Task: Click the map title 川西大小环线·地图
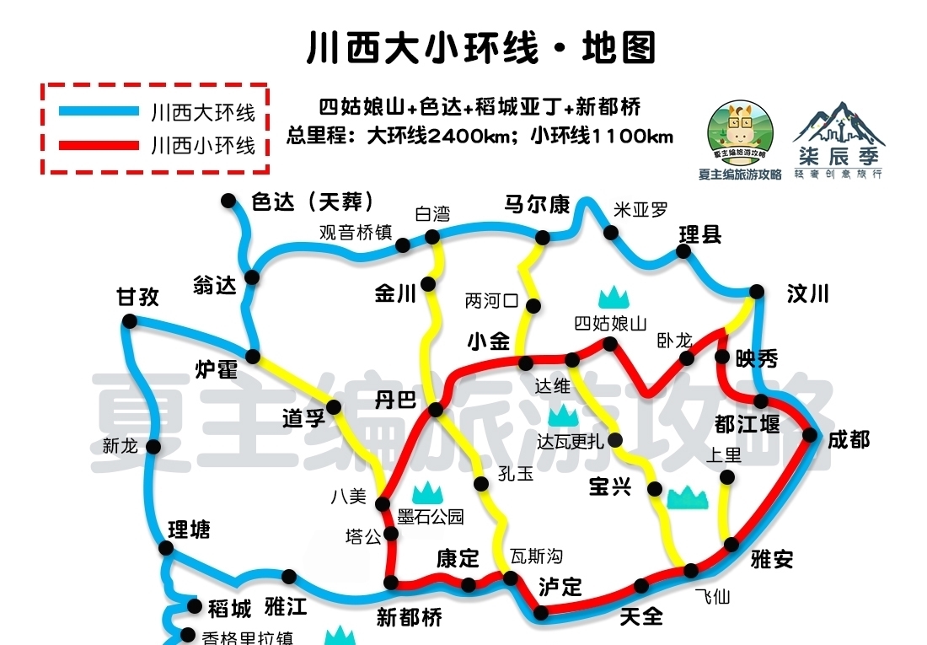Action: [x=481, y=48]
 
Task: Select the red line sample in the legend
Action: [x=99, y=146]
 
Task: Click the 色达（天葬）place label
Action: [x=312, y=202]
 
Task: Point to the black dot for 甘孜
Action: [x=129, y=320]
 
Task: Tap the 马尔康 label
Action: [x=537, y=205]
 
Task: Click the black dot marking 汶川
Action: [x=757, y=292]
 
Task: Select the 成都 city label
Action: [x=848, y=439]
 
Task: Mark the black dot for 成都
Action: [x=810, y=435]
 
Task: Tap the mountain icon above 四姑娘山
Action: [x=614, y=297]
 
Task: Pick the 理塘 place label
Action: [x=189, y=530]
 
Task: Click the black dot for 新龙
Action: [x=153, y=447]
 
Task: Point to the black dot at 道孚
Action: [x=334, y=408]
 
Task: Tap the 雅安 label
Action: [x=771, y=559]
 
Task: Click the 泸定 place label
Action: [x=560, y=588]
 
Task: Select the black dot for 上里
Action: [x=726, y=478]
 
